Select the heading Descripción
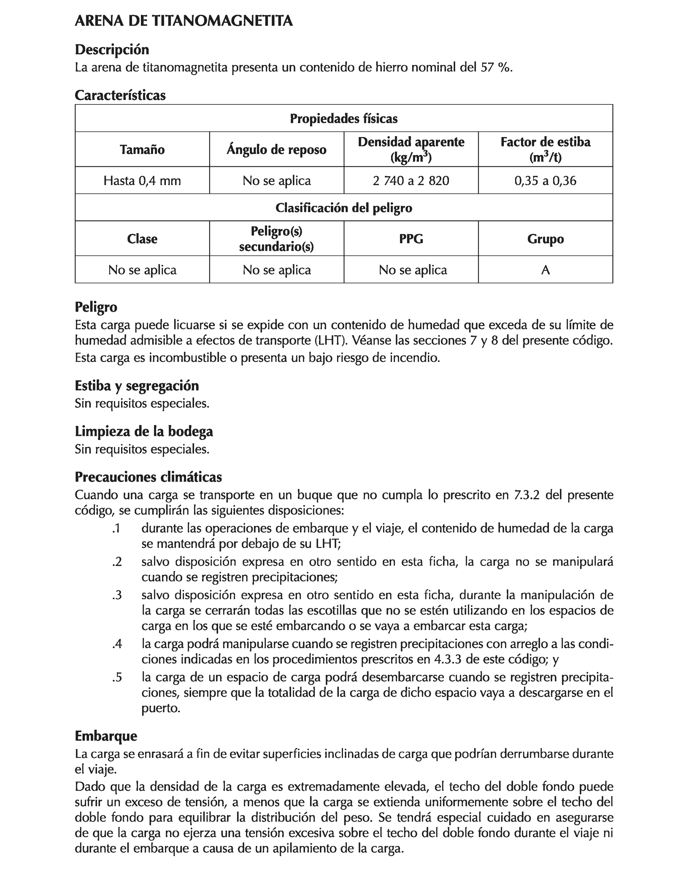tap(112, 50)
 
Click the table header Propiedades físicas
tap(343, 118)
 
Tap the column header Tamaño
tap(142, 150)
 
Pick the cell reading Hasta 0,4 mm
tap(142, 180)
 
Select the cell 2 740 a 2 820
tap(411, 180)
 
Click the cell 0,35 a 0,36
tap(545, 180)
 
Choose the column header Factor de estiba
tap(545, 142)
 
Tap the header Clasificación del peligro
tap(343, 208)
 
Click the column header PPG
tap(411, 239)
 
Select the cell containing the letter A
tap(545, 270)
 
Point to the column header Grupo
tap(545, 239)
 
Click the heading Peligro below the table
tap(96, 307)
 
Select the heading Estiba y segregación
tap(137, 386)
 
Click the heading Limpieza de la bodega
tap(144, 431)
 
